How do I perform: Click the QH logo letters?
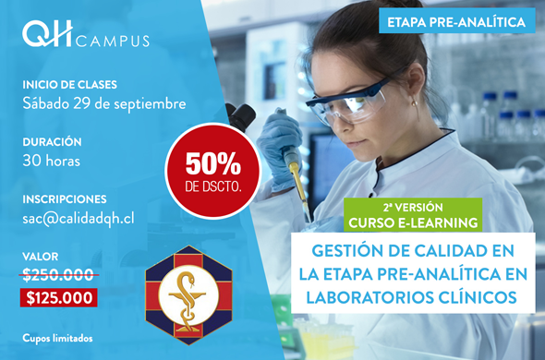47,33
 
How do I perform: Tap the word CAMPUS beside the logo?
113,41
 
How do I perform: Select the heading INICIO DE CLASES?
70,85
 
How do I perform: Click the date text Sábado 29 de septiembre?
104,104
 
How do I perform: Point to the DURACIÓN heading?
52,141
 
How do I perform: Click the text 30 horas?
52,161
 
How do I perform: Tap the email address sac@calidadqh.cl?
79,219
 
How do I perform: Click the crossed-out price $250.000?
58,275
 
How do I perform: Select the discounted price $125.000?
59,298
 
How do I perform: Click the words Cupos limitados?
57,338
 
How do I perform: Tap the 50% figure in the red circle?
213,163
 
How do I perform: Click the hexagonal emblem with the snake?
188,295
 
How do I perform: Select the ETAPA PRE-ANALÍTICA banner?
456,22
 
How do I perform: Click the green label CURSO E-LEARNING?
413,222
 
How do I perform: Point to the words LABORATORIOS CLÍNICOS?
412,297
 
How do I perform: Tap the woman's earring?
415,102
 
